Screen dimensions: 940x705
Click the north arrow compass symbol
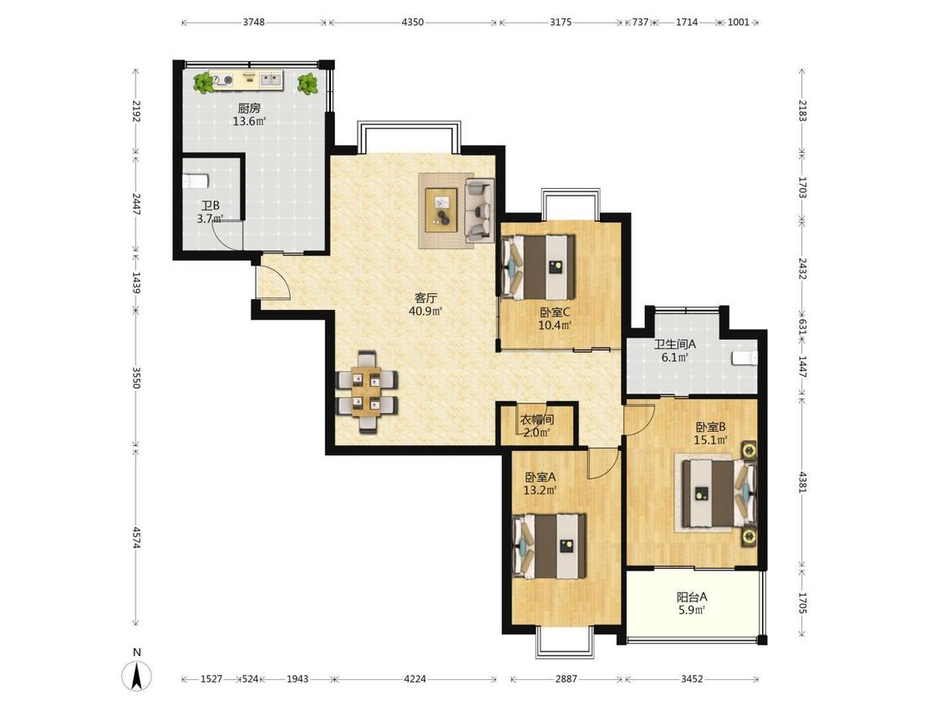click(x=137, y=677)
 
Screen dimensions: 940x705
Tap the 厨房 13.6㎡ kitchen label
click(x=249, y=114)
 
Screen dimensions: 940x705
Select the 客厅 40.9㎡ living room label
click(x=425, y=304)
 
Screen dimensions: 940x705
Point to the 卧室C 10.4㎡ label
click(x=555, y=318)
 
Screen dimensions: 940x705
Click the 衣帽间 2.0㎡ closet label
click(x=536, y=426)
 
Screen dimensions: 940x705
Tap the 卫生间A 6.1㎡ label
click(x=674, y=351)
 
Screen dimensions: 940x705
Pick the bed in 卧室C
click(x=538, y=266)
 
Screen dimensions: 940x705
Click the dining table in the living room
click(x=366, y=392)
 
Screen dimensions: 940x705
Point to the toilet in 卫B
click(x=195, y=180)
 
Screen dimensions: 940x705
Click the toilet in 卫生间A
click(x=745, y=358)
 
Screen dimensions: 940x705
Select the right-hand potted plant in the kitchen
click(x=308, y=84)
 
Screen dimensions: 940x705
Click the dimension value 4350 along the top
click(x=413, y=23)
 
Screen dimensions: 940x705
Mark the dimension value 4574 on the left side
click(x=137, y=537)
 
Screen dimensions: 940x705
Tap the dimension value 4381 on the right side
click(x=803, y=482)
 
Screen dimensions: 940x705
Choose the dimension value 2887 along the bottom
click(x=566, y=678)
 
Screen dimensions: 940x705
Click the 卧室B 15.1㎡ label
click(x=711, y=434)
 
